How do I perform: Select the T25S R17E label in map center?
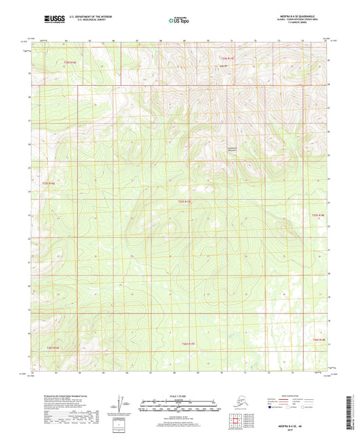click(186, 201)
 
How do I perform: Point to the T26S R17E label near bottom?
click(188, 344)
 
